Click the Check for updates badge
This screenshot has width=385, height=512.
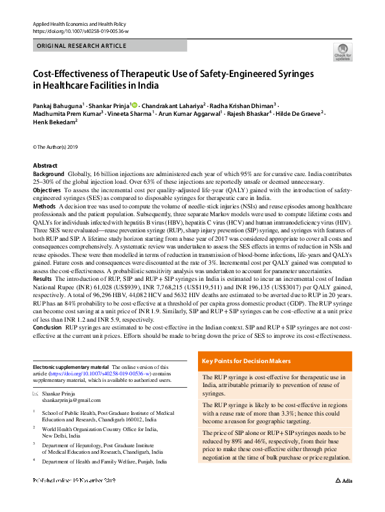tap(342, 52)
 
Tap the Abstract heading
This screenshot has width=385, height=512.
tap(45, 166)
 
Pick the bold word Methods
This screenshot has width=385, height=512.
tap(45, 205)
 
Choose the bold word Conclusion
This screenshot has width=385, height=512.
tap(48, 328)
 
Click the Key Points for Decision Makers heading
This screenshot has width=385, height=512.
tap(246, 361)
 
